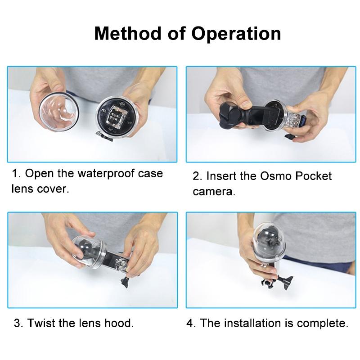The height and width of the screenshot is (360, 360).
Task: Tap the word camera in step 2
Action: tap(214, 192)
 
